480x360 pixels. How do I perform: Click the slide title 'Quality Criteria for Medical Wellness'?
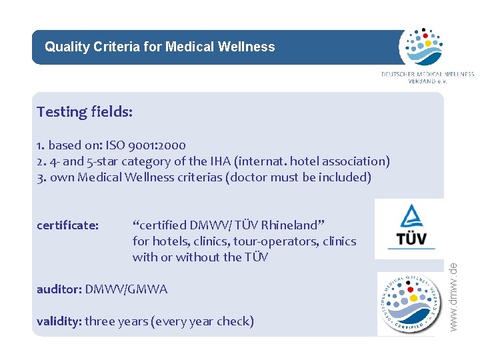(x=159, y=47)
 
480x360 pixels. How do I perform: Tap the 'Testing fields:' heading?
(x=85, y=111)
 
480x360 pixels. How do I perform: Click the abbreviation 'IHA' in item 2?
(x=204, y=161)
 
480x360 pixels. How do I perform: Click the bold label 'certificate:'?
(x=68, y=225)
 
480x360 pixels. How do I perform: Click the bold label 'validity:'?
(x=59, y=321)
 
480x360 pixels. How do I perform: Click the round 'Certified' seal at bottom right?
(x=409, y=303)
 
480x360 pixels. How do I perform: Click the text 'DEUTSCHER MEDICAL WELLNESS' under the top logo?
(x=427, y=74)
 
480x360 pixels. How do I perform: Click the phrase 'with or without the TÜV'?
(x=200, y=257)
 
